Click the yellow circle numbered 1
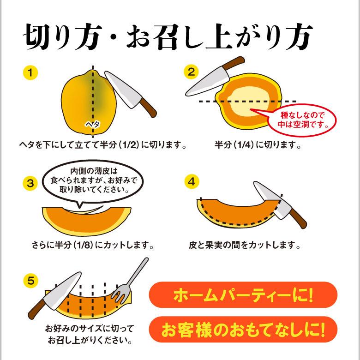pyautogui.click(x=30, y=73)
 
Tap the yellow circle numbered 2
pyautogui.click(x=191, y=72)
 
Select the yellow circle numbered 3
pyautogui.click(x=30, y=183)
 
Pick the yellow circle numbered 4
pyautogui.click(x=192, y=181)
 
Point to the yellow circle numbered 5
pyautogui.click(x=30, y=281)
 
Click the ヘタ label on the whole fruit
pyautogui.click(x=92, y=125)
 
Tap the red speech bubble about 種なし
pyautogui.click(x=301, y=120)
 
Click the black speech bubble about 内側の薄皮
pyautogui.click(x=93, y=181)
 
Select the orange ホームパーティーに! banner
pyautogui.click(x=243, y=294)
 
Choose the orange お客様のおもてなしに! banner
pyautogui.click(x=243, y=329)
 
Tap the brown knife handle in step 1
pyautogui.click(x=148, y=108)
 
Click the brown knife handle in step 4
pyautogui.click(x=298, y=219)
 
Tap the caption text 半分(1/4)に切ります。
pyautogui.click(x=258, y=145)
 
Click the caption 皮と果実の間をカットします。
pyautogui.click(x=245, y=246)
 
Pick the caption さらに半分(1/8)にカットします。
pyautogui.click(x=93, y=246)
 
